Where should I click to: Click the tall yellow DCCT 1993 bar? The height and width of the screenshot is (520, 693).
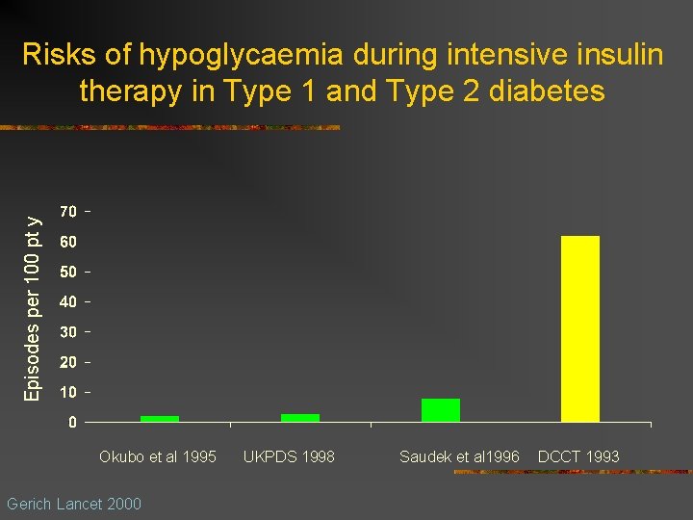(x=579, y=328)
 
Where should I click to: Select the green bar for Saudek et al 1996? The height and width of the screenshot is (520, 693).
(x=440, y=410)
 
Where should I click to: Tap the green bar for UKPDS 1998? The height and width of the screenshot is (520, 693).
(x=300, y=418)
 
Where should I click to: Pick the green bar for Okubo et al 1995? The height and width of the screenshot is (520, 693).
(x=160, y=419)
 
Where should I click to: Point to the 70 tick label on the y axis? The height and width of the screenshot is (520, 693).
(x=69, y=211)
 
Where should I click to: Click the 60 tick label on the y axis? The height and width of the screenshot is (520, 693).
(x=69, y=241)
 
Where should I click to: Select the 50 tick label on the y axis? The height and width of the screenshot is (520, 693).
(x=69, y=272)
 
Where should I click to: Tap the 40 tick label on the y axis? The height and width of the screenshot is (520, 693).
(x=69, y=301)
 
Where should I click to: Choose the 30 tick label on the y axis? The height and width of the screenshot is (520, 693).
(x=69, y=332)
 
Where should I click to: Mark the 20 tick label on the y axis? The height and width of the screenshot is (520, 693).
(x=69, y=362)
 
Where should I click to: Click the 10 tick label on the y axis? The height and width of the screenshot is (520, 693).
(x=69, y=392)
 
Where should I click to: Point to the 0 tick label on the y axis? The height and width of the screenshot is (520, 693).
(x=73, y=422)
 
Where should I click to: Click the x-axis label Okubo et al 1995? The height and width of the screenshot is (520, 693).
(x=158, y=456)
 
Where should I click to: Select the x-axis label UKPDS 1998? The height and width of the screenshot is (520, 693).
(x=289, y=456)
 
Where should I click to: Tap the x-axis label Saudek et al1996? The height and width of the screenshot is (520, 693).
(x=459, y=456)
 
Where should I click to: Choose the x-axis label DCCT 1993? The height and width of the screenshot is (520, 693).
(x=578, y=456)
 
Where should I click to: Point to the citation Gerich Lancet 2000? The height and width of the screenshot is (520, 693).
(x=73, y=504)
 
